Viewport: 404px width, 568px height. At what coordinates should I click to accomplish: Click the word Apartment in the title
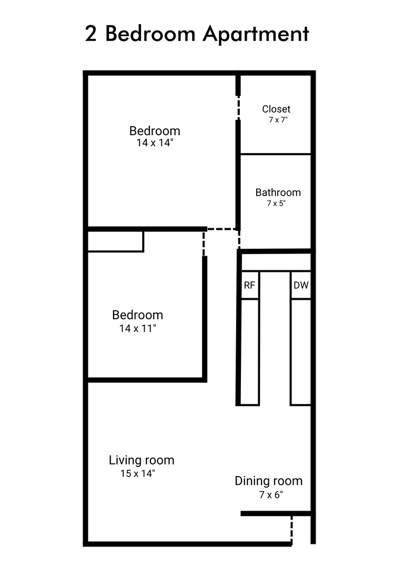coord(256,35)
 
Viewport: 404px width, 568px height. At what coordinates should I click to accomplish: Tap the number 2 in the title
coord(90,34)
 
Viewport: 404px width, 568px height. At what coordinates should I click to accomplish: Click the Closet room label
coord(276,109)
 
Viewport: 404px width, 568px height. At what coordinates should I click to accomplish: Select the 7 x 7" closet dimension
coord(278,119)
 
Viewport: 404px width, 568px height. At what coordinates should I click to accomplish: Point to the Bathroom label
coord(278,192)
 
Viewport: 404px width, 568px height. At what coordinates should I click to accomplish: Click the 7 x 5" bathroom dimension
coord(276,203)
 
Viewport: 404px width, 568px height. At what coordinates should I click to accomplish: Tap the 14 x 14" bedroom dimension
coord(155,143)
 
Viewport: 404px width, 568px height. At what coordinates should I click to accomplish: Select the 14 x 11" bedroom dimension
coord(138,328)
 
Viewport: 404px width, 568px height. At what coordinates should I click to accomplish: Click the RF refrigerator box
coord(250,285)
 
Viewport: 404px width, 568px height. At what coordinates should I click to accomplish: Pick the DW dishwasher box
coord(301,285)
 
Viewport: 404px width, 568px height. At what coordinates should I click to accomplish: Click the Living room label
coord(142,460)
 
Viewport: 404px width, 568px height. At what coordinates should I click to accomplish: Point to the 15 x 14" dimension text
coord(138,473)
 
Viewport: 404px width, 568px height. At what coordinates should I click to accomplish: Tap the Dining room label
coord(268,481)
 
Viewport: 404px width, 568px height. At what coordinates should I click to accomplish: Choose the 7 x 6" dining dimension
coord(271,494)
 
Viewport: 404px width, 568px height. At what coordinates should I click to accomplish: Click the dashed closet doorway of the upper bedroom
coord(238,108)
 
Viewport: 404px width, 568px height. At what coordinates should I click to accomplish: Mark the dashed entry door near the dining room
coord(291,530)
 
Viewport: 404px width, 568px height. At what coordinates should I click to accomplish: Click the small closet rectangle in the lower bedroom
coord(116,241)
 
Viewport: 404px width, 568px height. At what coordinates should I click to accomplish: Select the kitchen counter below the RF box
coord(250,352)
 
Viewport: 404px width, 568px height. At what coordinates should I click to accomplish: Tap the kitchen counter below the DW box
coord(301,352)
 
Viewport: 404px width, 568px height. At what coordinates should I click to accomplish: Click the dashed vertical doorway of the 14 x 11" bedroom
coord(204,244)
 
